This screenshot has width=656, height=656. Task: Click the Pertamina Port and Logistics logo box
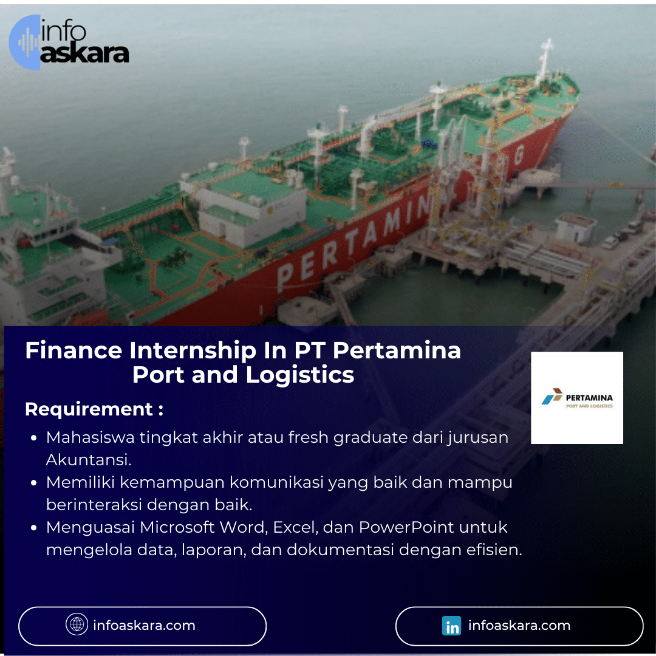pos(576,398)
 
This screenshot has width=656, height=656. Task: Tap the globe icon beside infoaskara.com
pos(77,624)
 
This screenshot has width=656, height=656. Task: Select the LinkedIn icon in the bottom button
pos(451,626)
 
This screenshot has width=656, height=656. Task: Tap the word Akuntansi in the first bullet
pos(89,460)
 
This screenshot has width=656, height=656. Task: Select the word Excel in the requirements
pos(294,527)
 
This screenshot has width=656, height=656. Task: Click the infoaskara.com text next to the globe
pos(144,625)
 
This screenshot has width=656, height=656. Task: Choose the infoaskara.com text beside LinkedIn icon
pos(519,625)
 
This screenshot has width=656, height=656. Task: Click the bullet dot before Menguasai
pos(35,528)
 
